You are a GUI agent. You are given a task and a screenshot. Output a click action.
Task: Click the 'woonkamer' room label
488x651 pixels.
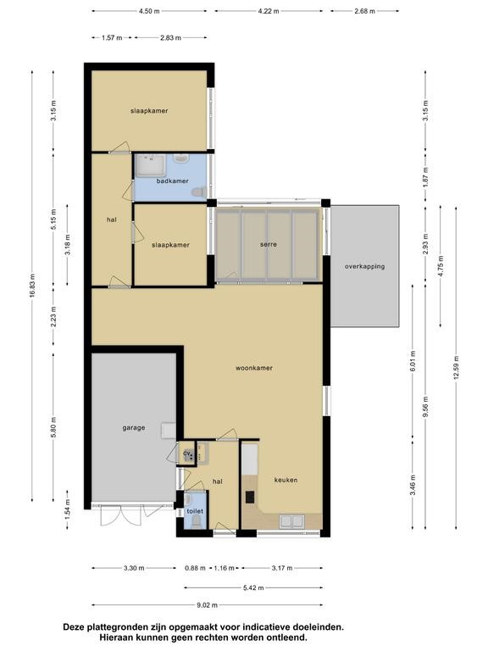(x=254, y=368)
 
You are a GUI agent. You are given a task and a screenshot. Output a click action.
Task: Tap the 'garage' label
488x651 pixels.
(x=134, y=427)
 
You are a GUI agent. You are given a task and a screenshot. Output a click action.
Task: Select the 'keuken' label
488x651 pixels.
(x=286, y=480)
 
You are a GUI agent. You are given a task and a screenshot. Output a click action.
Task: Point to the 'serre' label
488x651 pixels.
(x=269, y=244)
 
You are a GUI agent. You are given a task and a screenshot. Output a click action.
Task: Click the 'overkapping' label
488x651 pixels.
(x=365, y=266)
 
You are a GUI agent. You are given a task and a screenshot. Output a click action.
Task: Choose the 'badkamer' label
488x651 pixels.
(x=173, y=181)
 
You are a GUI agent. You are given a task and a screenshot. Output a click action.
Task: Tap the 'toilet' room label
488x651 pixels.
(x=195, y=511)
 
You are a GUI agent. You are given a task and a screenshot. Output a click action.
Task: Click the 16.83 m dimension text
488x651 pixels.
(x=32, y=286)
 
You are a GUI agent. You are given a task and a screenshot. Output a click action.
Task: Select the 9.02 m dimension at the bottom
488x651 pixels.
(x=207, y=605)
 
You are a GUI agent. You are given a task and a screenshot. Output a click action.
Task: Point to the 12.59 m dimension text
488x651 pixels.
(x=456, y=368)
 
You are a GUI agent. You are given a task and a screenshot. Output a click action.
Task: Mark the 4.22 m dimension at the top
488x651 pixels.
(x=269, y=11)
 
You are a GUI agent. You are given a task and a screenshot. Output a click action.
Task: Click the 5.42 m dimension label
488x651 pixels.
(x=253, y=587)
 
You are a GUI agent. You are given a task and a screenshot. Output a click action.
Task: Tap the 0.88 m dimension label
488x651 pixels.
(x=195, y=568)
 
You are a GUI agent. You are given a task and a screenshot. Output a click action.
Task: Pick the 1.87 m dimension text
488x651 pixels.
(x=425, y=177)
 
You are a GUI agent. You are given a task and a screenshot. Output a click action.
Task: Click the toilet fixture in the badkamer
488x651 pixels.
(x=199, y=192)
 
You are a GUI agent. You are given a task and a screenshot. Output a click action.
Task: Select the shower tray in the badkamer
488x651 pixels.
(x=151, y=165)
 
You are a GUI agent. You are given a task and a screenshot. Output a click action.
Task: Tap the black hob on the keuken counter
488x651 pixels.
(x=250, y=497)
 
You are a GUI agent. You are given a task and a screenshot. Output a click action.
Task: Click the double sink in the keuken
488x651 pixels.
(x=291, y=520)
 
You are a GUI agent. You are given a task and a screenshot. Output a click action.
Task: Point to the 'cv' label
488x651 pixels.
(x=187, y=453)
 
